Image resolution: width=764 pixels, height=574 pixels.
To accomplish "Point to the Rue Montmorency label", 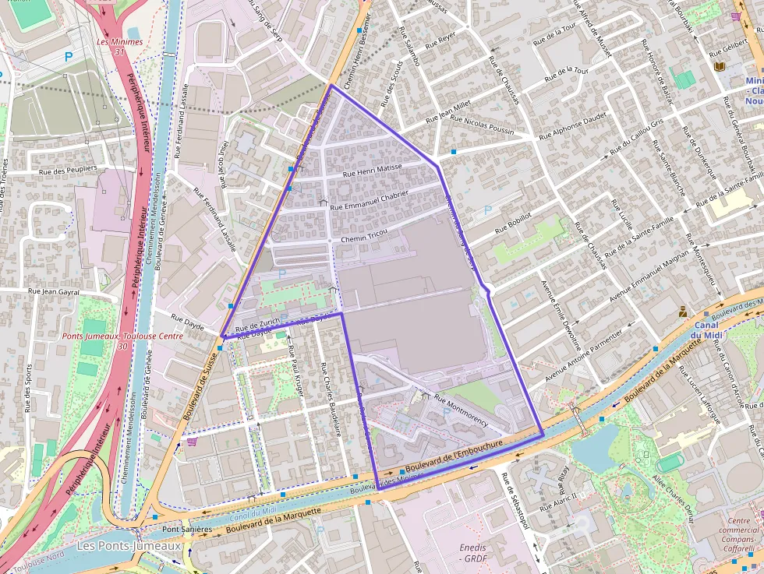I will pos(461,411).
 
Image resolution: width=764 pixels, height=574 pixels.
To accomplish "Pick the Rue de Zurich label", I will pos(256,326).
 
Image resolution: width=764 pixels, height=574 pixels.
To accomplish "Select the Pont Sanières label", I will pos(186,530).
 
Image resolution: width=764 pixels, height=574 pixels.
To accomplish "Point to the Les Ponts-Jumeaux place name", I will pos(129,546).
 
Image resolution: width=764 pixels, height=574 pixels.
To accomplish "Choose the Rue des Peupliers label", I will pos(68,168).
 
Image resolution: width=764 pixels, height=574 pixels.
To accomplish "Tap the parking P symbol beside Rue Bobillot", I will pos(488,210).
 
